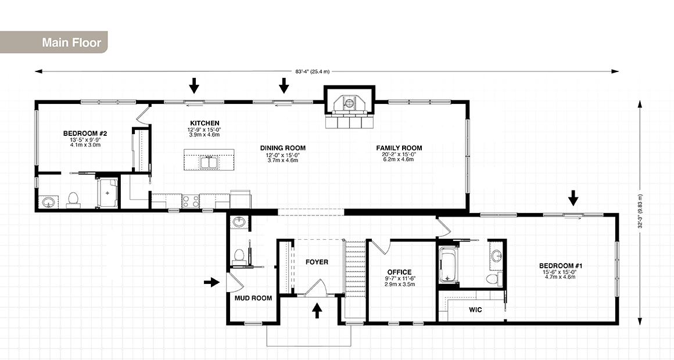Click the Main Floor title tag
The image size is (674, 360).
pos(71,43)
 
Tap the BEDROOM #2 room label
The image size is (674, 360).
pos(85,134)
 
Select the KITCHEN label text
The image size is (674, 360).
pos(205,123)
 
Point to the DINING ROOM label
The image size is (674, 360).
pos(282,148)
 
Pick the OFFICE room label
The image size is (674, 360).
pos(399,272)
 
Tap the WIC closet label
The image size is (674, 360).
pos(475,310)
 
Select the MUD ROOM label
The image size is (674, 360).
pos(253,298)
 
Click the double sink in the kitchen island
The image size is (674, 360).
pos(209,162)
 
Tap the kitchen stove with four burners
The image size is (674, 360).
pos(191,201)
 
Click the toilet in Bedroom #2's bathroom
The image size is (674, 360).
pos(73,199)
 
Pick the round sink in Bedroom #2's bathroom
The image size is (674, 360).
pos(49,202)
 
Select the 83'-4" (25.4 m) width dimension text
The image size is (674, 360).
pos(312,71)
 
